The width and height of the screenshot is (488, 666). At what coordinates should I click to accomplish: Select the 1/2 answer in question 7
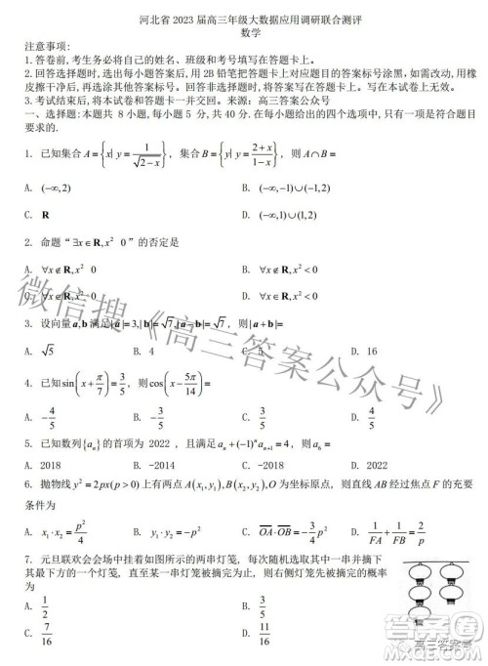click(x=45, y=607)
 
